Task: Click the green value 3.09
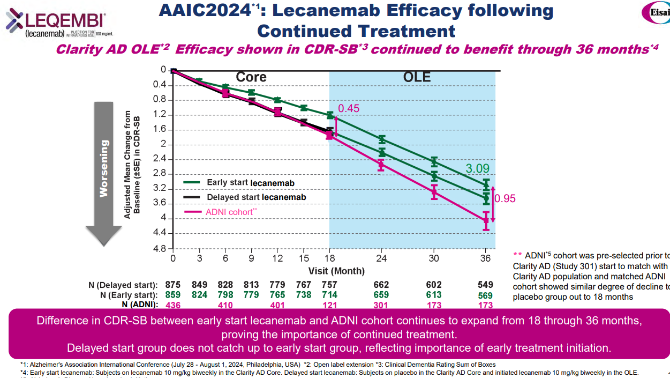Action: (477, 169)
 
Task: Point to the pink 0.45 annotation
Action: (348, 108)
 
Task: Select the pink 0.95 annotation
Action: (505, 198)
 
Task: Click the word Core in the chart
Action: (251, 77)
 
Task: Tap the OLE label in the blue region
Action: (417, 77)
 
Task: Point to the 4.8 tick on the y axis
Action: (159, 249)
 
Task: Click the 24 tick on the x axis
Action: (381, 258)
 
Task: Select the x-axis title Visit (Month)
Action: (336, 271)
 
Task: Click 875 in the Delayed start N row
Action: (173, 285)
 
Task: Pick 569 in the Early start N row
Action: (486, 295)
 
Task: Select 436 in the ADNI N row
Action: (173, 305)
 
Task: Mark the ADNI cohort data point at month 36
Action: (486, 220)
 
